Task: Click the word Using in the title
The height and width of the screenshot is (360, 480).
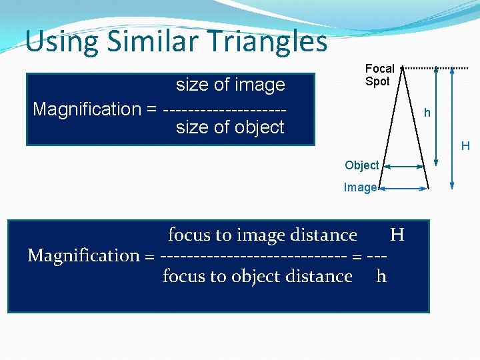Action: click(61, 41)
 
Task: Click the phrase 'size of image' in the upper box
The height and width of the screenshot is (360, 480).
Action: click(230, 85)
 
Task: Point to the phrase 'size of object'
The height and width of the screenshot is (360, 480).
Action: click(230, 127)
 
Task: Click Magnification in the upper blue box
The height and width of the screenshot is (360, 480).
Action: click(87, 109)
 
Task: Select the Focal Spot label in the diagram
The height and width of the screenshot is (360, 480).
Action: click(379, 75)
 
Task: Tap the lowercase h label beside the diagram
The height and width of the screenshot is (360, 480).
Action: click(427, 113)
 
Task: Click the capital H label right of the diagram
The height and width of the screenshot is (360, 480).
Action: click(465, 146)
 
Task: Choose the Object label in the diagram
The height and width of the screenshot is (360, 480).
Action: click(361, 165)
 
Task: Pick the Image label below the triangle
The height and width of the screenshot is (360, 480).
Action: click(360, 187)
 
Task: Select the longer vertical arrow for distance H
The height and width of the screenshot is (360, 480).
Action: click(453, 127)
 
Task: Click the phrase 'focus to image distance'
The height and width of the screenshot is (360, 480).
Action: click(262, 235)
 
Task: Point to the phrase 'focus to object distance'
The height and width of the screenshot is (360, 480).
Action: click(257, 276)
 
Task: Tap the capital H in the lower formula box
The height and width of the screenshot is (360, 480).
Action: click(397, 235)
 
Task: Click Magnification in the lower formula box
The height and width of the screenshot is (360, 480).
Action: click(83, 255)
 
